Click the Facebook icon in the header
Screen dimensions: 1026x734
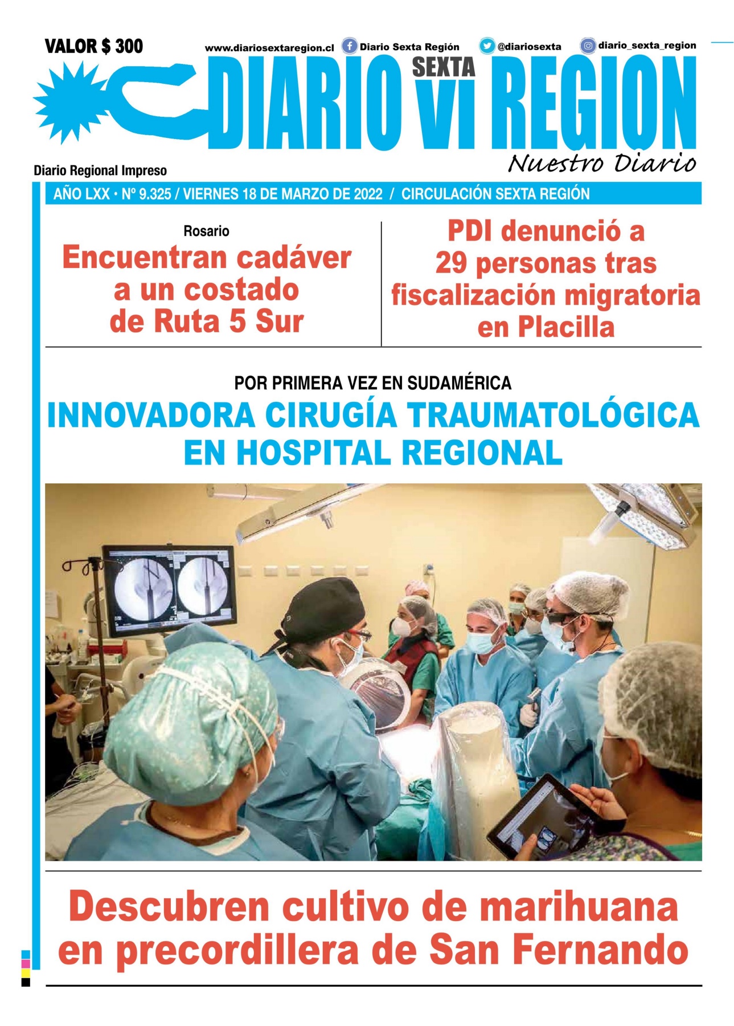pyautogui.click(x=349, y=46)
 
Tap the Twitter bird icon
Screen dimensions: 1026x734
pyautogui.click(x=486, y=46)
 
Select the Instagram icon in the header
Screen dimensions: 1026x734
pyautogui.click(x=588, y=46)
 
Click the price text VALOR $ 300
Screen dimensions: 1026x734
pyautogui.click(x=93, y=46)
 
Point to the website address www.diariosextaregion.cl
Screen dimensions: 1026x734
pyautogui.click(x=269, y=48)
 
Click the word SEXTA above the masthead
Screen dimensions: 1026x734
pyautogui.click(x=443, y=67)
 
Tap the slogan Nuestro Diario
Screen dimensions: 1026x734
pyautogui.click(x=601, y=164)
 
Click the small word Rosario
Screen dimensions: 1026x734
pyautogui.click(x=206, y=231)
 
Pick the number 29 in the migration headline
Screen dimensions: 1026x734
pyautogui.click(x=452, y=263)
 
